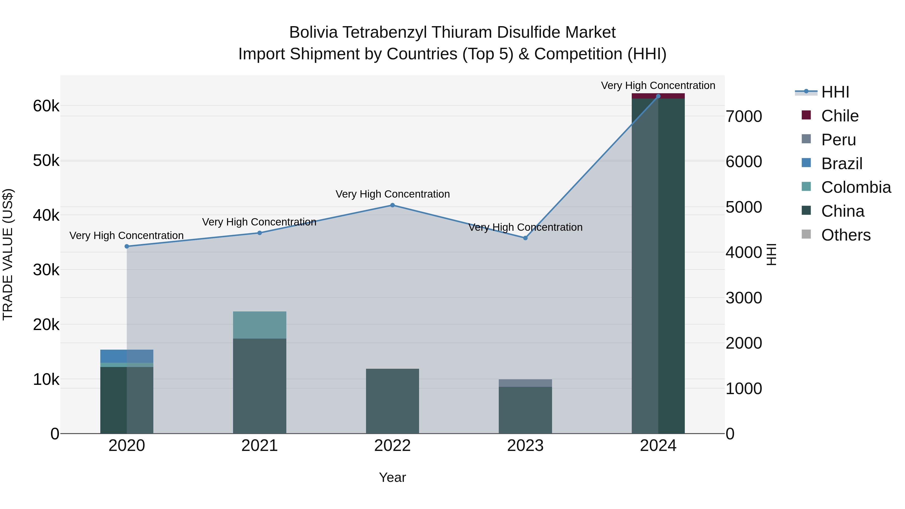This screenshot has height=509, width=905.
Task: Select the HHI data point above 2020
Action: [x=127, y=246]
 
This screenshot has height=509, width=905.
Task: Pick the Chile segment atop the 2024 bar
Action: [x=658, y=96]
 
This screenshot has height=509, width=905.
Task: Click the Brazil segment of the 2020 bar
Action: [x=127, y=356]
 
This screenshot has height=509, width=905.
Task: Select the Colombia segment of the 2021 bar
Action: [x=260, y=325]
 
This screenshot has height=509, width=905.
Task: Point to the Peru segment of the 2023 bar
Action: [x=525, y=383]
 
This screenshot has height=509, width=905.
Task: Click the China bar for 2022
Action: [x=392, y=401]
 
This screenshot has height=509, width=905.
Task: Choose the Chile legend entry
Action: [x=839, y=116]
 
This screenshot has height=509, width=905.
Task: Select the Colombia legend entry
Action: [x=855, y=187]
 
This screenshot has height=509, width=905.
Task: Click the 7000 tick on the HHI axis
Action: [x=744, y=116]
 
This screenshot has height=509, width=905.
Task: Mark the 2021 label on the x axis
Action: [x=260, y=446]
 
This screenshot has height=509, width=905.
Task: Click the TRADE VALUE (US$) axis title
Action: [x=8, y=254]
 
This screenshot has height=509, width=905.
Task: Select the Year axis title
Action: [x=392, y=477]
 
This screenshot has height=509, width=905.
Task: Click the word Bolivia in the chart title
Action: [x=313, y=32]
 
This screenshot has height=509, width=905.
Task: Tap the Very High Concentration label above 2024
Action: [x=658, y=85]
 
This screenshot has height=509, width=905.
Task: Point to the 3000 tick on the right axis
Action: [x=744, y=298]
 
